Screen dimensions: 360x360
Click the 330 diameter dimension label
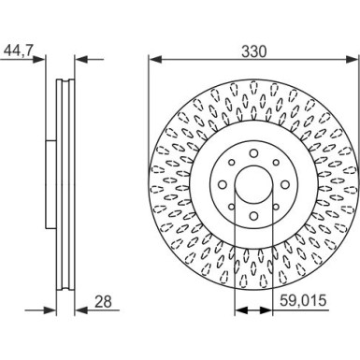(254, 51)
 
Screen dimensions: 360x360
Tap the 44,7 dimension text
(18, 50)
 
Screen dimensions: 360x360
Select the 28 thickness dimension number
(103, 302)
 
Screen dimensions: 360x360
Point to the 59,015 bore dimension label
(303, 301)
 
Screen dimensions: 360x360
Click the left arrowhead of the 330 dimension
(155, 59)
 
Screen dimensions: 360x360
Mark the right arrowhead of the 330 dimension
(353, 59)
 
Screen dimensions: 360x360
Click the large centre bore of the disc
(253, 184)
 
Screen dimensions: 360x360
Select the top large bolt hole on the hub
(253, 153)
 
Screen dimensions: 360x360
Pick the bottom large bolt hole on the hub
(253, 216)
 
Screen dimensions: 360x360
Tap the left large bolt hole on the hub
(223, 185)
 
